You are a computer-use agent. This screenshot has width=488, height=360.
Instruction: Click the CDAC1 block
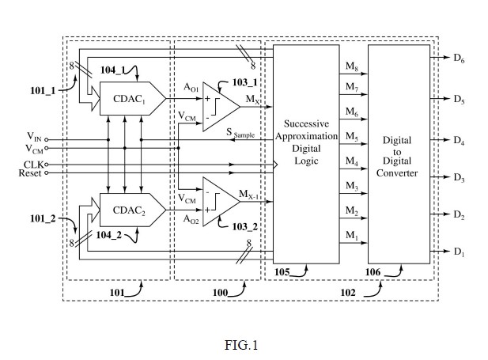point(133,98)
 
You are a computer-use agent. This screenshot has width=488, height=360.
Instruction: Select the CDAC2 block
point(133,210)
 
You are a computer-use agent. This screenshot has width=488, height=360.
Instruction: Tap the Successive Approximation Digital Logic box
point(306,154)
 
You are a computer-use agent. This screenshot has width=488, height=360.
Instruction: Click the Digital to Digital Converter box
point(399,154)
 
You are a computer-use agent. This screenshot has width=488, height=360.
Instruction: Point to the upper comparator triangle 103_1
point(221,107)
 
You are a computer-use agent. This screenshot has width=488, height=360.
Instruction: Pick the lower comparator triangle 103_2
point(221,202)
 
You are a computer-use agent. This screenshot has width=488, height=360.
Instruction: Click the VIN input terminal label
point(34,137)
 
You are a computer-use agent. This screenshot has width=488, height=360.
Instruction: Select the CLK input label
point(33,165)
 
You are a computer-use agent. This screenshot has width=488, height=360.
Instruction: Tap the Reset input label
point(30,172)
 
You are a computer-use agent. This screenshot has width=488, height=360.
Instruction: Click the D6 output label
point(459,59)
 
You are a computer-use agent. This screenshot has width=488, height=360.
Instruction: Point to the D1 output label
point(459,252)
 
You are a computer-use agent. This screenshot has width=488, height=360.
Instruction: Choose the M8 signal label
point(352,66)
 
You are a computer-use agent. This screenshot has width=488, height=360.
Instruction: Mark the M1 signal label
point(352,236)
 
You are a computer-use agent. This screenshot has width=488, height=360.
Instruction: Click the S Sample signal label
point(240,133)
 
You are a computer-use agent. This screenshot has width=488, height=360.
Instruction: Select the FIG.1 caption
point(241,345)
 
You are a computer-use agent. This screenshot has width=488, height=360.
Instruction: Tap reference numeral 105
point(282,272)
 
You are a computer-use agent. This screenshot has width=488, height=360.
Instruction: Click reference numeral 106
point(373,272)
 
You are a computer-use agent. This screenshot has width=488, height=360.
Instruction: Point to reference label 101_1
point(43,91)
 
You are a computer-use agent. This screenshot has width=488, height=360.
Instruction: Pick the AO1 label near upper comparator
point(191,88)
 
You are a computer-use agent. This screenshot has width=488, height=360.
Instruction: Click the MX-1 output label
point(248,195)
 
